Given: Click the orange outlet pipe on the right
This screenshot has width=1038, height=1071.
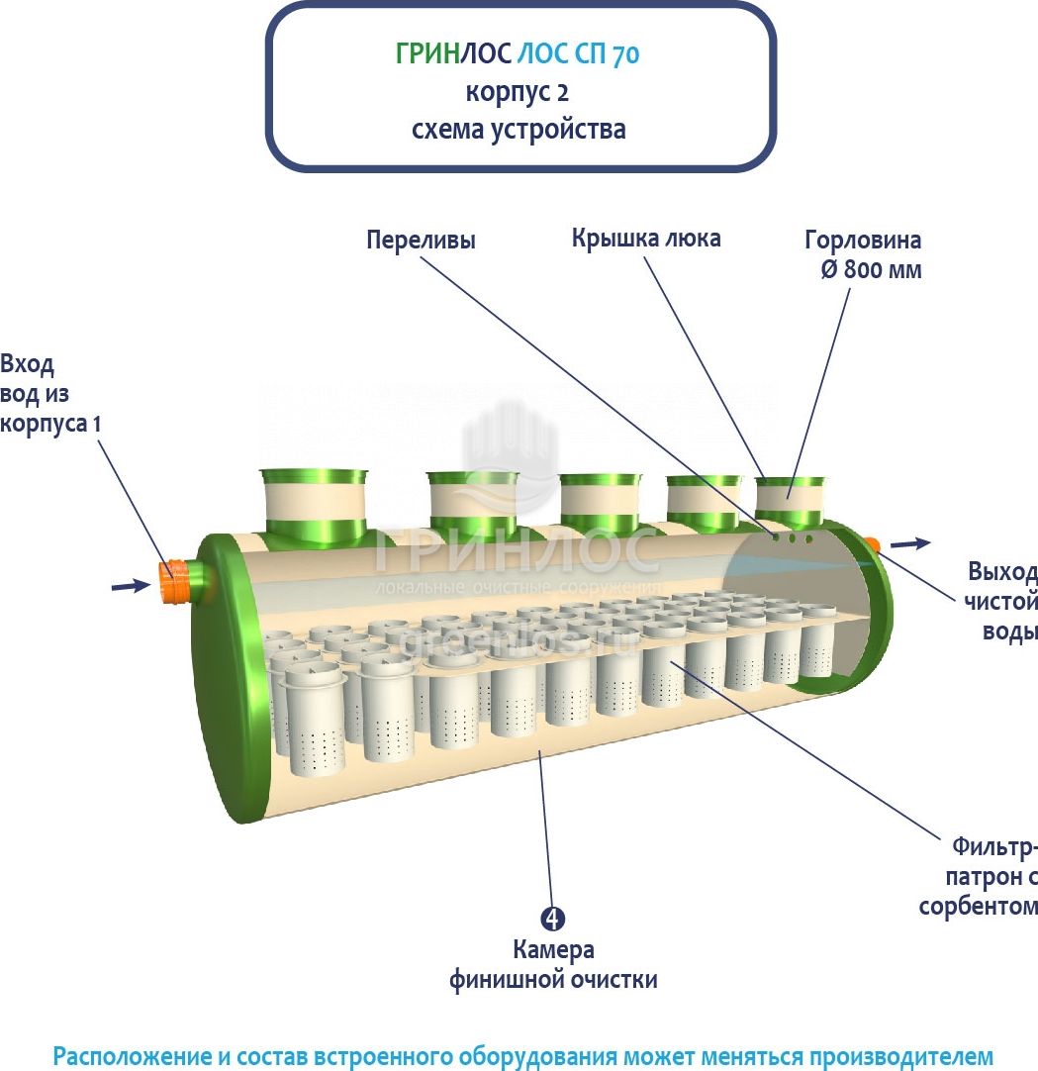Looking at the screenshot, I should [x=872, y=543].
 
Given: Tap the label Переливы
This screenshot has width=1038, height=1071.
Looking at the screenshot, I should [x=421, y=241].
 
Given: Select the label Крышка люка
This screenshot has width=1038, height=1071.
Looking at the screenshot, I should [x=645, y=239].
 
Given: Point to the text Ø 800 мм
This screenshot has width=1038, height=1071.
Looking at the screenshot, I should [x=871, y=269].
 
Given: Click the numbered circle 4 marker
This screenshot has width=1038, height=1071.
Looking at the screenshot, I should [x=553, y=919].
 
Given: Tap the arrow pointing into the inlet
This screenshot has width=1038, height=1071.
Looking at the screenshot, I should [x=130, y=586].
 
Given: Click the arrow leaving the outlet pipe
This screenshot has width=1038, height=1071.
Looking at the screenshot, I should [x=910, y=543].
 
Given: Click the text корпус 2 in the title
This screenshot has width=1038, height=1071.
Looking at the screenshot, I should [x=518, y=92].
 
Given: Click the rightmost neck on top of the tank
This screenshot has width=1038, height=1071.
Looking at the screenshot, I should [x=790, y=501].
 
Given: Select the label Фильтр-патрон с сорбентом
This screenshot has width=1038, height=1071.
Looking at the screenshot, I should [x=980, y=877].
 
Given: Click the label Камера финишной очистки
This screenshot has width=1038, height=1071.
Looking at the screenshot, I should [x=553, y=965].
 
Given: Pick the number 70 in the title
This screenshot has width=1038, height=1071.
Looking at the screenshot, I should [x=625, y=55].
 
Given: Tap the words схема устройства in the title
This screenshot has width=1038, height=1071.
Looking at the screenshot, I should [x=519, y=130].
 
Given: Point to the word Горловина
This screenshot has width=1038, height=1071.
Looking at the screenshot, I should [x=863, y=241].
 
